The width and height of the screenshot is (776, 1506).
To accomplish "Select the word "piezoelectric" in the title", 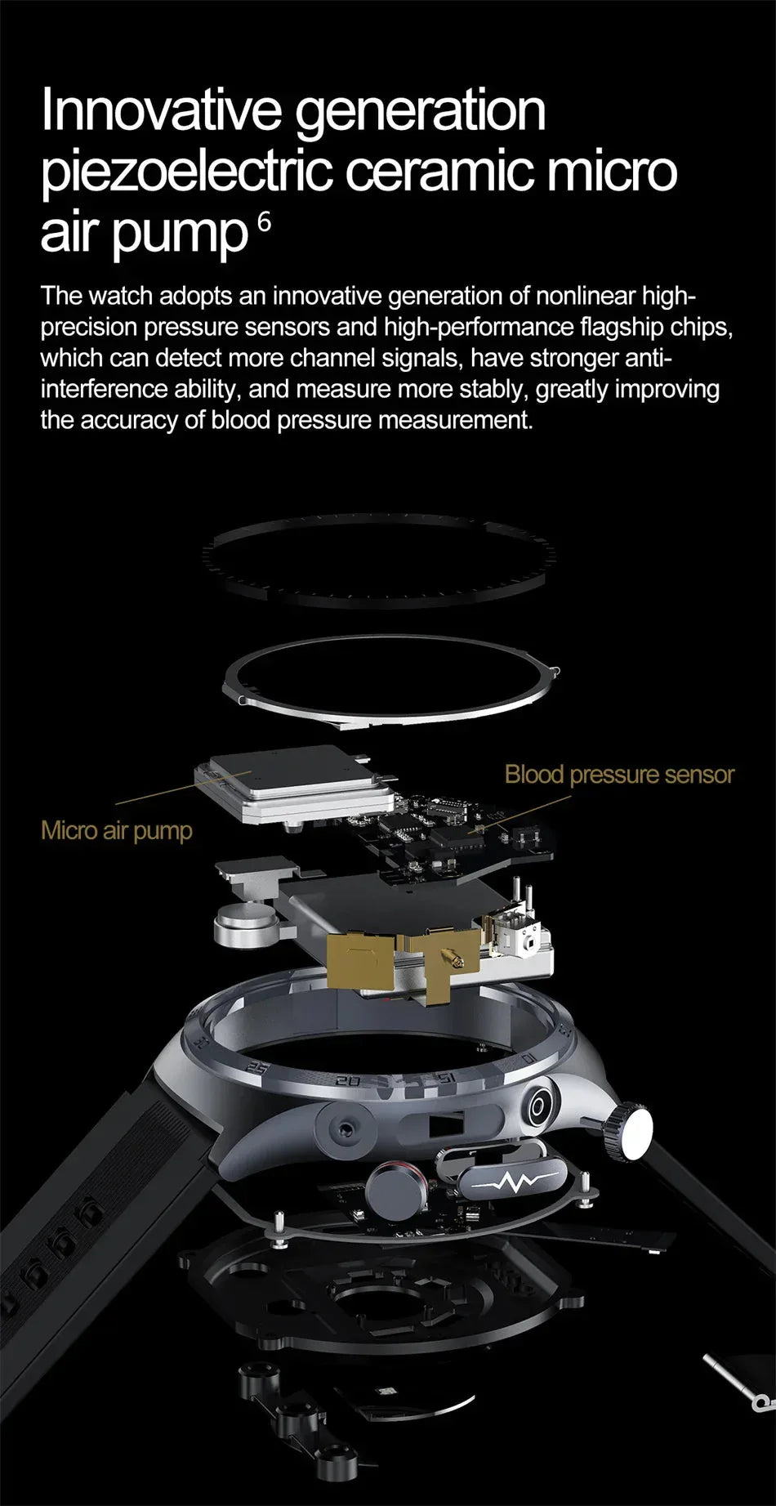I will pyautogui.click(x=186, y=172).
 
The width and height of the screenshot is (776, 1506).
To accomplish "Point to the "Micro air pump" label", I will pyautogui.click(x=117, y=831).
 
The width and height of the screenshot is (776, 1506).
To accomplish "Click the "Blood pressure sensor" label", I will pyautogui.click(x=619, y=774).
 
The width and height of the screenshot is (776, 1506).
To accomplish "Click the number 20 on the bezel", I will pyautogui.click(x=348, y=1081).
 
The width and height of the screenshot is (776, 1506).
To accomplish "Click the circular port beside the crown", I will pyautogui.click(x=538, y=1108).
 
